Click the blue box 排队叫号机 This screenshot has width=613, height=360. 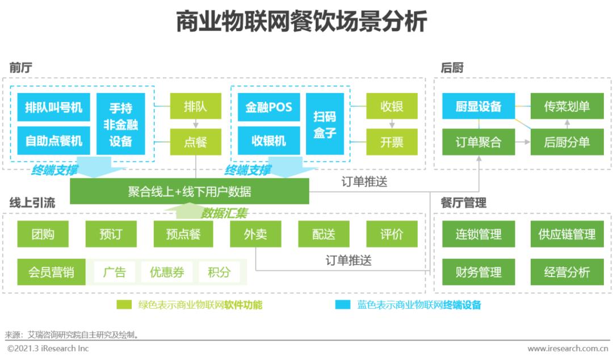pos(53,107)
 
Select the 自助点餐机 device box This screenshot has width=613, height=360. pos(53,140)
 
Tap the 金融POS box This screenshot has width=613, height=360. pos(268,107)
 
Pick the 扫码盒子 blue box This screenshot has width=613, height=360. pos(325,124)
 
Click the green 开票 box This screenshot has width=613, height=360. pos(392,142)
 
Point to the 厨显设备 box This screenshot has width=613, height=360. pos(478,106)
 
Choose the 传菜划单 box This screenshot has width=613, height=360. pos(566,106)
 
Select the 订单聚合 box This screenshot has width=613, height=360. pos(478,142)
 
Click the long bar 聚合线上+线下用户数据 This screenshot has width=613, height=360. pos(190,191)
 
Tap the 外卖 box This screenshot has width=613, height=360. pos(255,234)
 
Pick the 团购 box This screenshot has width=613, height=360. pos(43,234)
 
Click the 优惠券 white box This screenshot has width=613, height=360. pos(167,272)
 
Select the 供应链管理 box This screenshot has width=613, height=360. pos(566,234)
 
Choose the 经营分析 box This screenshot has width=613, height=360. pos(566,272)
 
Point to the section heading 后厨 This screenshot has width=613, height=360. pos(452,68)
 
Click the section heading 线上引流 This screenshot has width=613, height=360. pos(32,203)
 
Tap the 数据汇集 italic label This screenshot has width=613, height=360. pos(224,214)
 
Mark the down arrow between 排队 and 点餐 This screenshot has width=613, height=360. pos(195,124)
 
